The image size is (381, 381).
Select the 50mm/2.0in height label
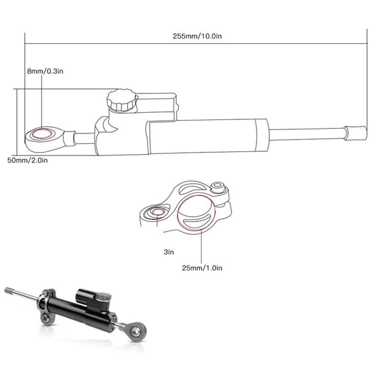(x=27, y=160)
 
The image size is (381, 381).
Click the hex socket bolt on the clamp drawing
(x=220, y=187)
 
